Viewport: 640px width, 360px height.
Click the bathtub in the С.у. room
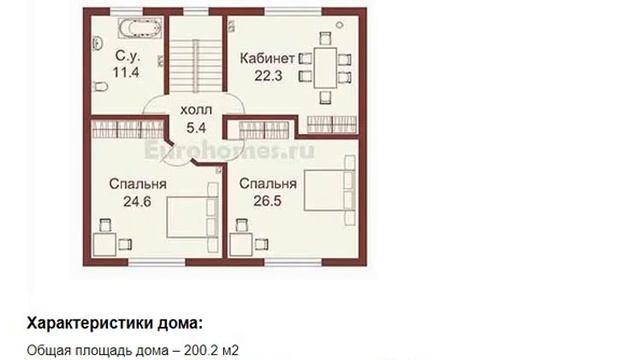[140, 28]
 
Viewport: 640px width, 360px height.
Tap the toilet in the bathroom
[100, 86]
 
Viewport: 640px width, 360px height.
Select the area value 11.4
[126, 73]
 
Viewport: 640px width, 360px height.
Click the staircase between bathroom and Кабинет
[196, 65]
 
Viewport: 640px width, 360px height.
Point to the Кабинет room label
[267, 58]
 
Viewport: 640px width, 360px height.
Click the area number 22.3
[268, 76]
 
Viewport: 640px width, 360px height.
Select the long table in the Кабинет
[325, 67]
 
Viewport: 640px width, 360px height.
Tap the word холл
[196, 110]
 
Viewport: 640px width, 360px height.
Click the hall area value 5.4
[196, 128]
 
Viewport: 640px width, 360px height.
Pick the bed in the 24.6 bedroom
[192, 216]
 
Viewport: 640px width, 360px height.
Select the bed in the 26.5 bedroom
[330, 190]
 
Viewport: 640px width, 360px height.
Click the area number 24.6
[137, 201]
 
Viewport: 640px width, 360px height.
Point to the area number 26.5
[267, 201]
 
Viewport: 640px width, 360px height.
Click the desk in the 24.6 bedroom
[105, 244]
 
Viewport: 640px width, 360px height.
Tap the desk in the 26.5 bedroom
[241, 244]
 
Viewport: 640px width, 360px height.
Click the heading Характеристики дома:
[115, 323]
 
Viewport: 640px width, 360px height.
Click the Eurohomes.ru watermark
[229, 151]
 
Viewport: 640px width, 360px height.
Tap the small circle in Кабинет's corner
[339, 25]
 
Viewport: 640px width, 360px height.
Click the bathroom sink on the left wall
[97, 43]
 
